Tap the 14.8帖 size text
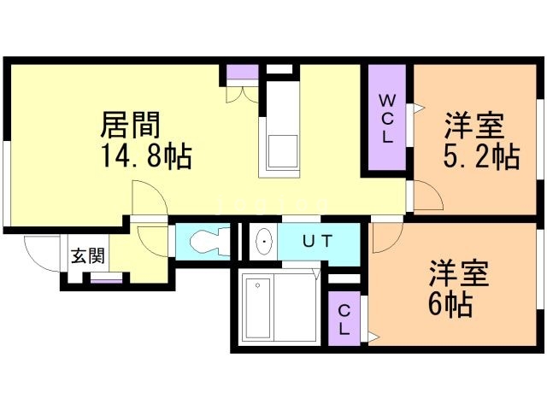point(144,156)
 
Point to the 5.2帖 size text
point(482,156)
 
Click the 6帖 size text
point(451,305)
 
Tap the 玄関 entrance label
point(87,255)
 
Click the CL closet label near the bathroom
point(344,319)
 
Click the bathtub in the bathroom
point(268,307)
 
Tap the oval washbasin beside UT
point(264,243)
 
